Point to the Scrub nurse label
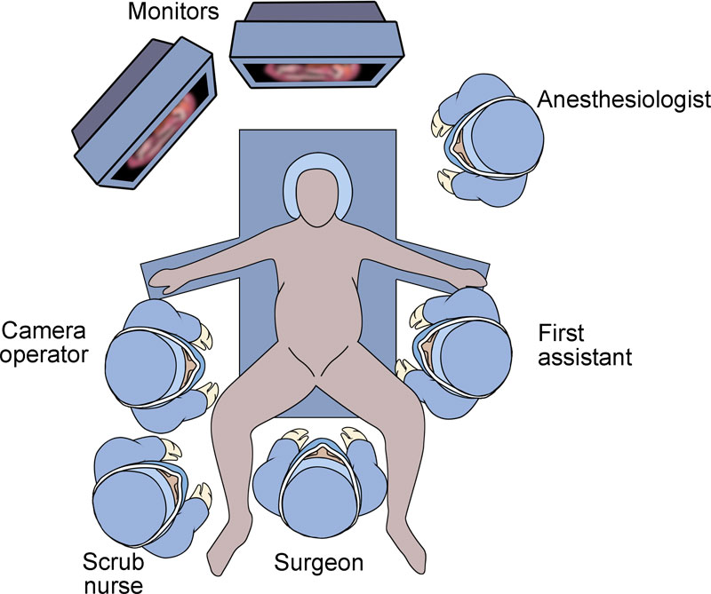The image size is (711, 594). coord(113,573)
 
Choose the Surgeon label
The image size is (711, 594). coord(318,562)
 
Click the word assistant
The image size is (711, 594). coord(586,358)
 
